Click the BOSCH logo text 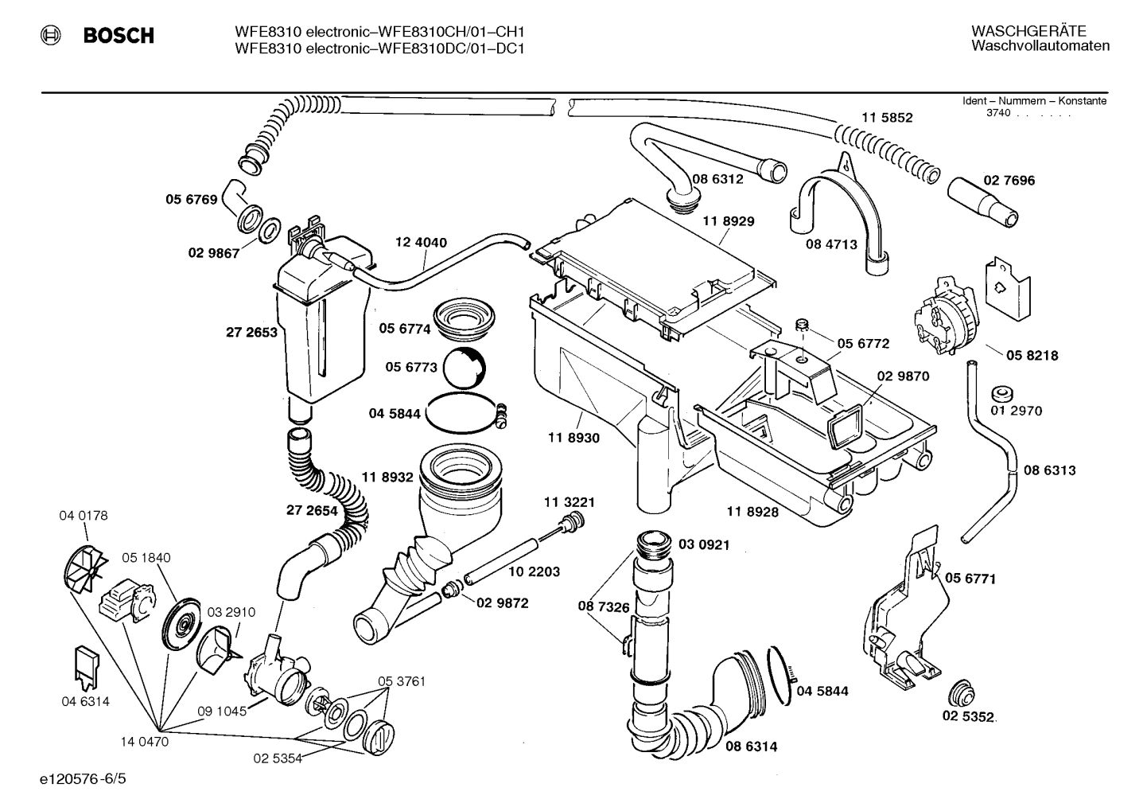[x=119, y=36]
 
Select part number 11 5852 [x=887, y=117]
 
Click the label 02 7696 [x=1009, y=181]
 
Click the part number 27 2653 [x=252, y=332]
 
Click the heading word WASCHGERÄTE [x=1028, y=31]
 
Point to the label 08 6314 [x=751, y=747]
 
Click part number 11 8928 [x=752, y=512]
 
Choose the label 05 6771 [x=970, y=579]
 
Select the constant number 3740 [x=998, y=113]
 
